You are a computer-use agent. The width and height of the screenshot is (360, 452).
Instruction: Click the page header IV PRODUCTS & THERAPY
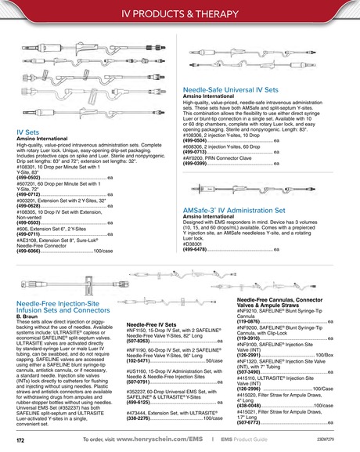(179, 14)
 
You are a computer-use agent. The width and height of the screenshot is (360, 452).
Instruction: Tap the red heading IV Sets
(29, 132)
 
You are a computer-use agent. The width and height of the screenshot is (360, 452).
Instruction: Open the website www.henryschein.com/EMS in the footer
(166, 441)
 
